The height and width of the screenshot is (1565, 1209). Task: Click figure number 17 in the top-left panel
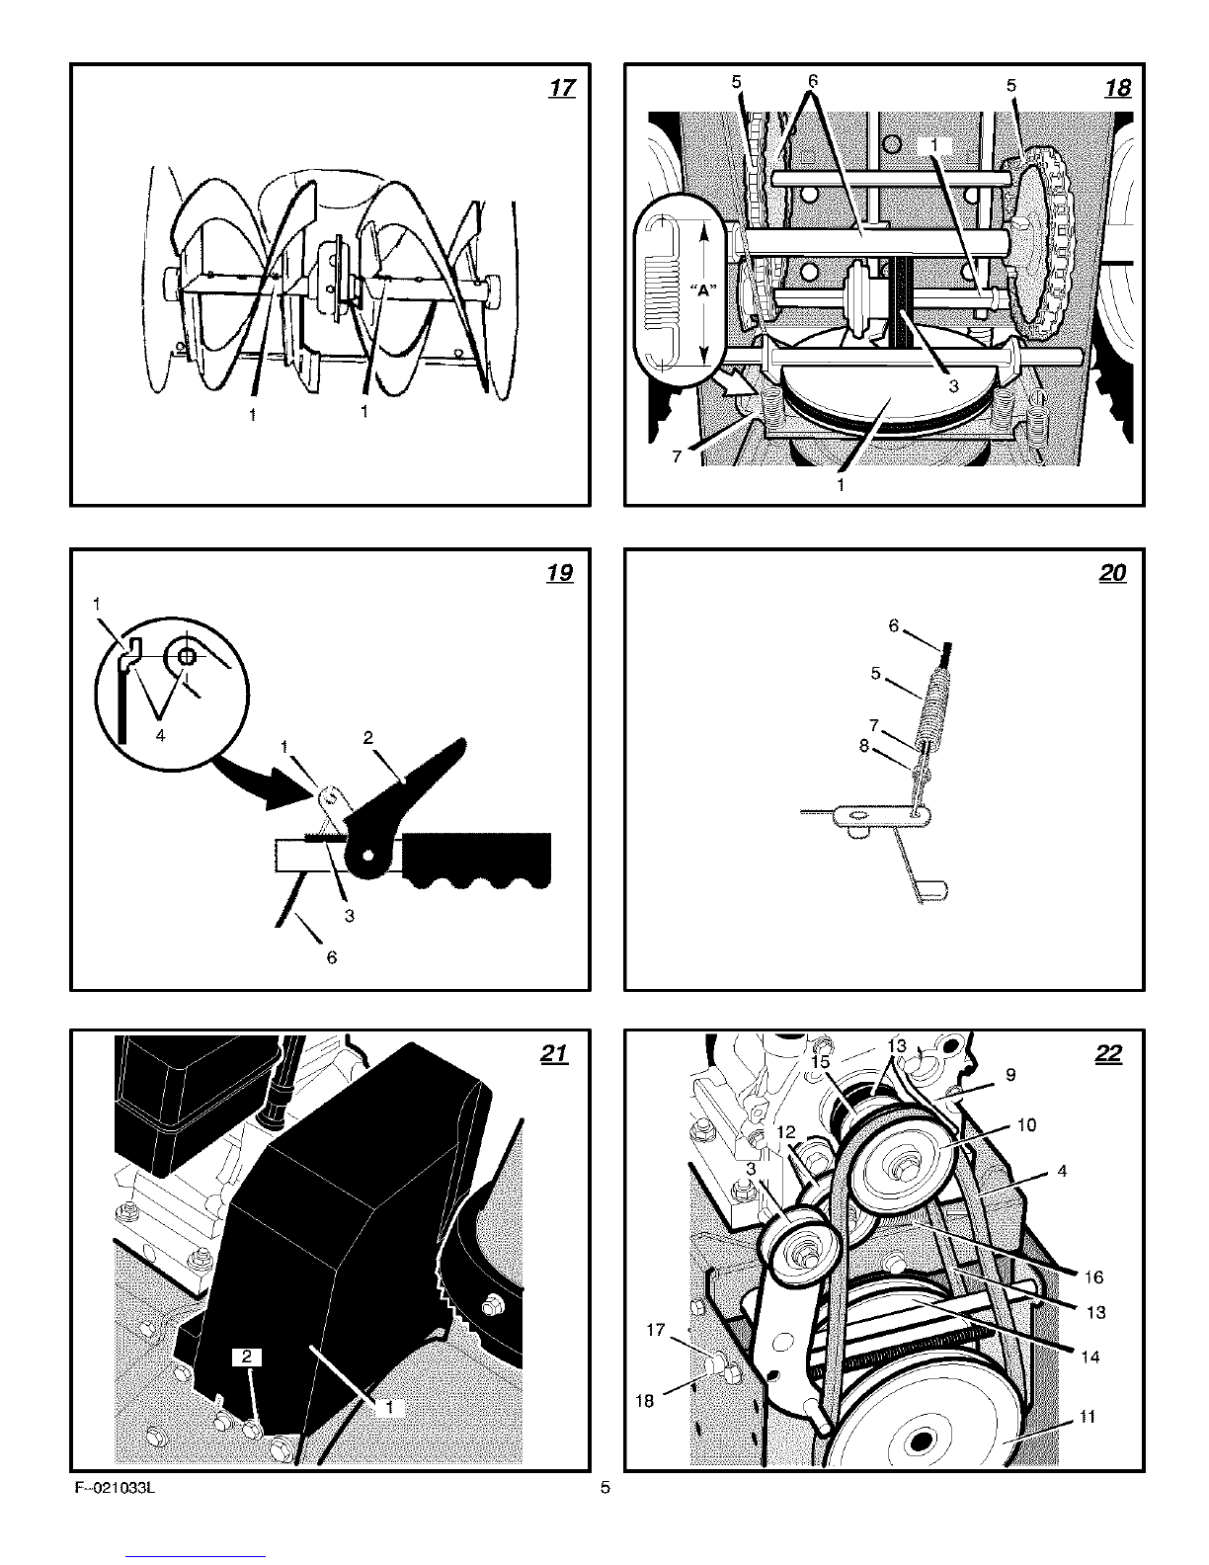(562, 89)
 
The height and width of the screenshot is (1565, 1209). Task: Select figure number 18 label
(1117, 89)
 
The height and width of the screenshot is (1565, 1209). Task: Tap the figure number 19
(559, 574)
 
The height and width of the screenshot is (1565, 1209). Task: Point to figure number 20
(1113, 574)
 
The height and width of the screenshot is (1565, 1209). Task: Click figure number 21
(555, 1055)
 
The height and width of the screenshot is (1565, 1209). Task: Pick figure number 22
(1109, 1055)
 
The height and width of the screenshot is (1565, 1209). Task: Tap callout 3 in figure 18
(953, 387)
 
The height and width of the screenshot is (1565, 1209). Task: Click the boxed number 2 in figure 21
(247, 1358)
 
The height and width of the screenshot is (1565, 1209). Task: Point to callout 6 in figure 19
(332, 957)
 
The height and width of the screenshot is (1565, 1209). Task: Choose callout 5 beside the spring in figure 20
(875, 673)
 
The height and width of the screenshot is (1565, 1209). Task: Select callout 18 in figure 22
(645, 1400)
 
